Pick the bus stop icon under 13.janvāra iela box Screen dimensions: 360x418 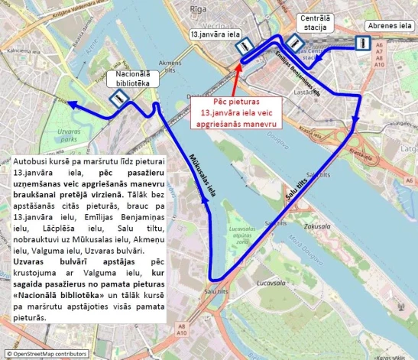243,48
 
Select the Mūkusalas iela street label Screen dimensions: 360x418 203,174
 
